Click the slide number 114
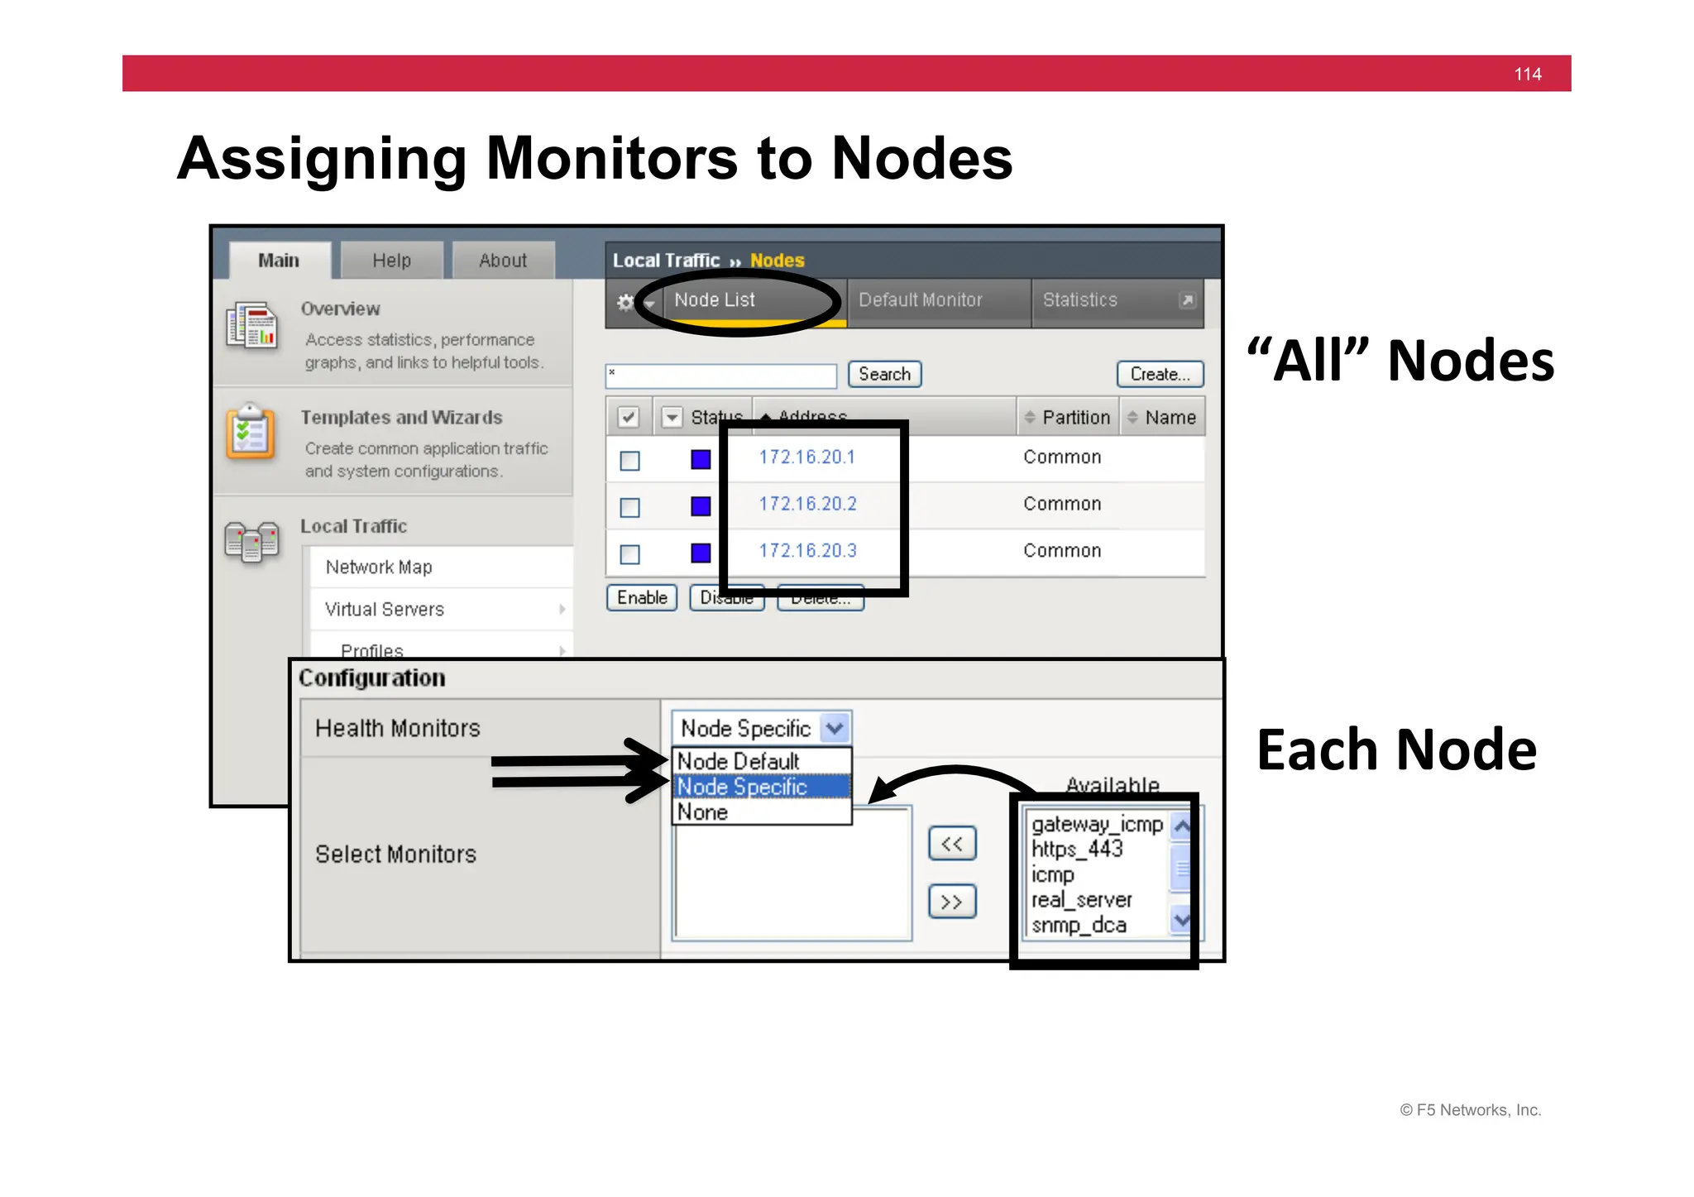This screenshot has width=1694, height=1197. [1527, 74]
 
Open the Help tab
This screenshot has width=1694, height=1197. [391, 261]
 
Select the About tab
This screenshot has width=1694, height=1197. [503, 261]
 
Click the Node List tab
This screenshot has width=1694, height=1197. [715, 300]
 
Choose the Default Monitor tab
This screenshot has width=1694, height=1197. [920, 300]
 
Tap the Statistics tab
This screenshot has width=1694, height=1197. [1079, 300]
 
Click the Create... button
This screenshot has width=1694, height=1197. [1160, 375]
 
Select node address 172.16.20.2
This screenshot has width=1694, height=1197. [807, 504]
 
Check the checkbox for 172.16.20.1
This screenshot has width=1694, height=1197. [629, 461]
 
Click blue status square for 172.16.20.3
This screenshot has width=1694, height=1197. [701, 553]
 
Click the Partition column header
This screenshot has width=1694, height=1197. [1075, 418]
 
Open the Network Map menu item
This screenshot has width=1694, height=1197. [379, 567]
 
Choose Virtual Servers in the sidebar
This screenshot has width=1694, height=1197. [385, 610]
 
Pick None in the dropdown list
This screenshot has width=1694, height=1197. [703, 812]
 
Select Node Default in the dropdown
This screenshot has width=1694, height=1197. [738, 761]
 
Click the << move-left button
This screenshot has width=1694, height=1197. [951, 845]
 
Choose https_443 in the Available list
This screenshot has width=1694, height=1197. [1077, 850]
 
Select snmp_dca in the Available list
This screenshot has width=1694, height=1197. [1079, 926]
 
